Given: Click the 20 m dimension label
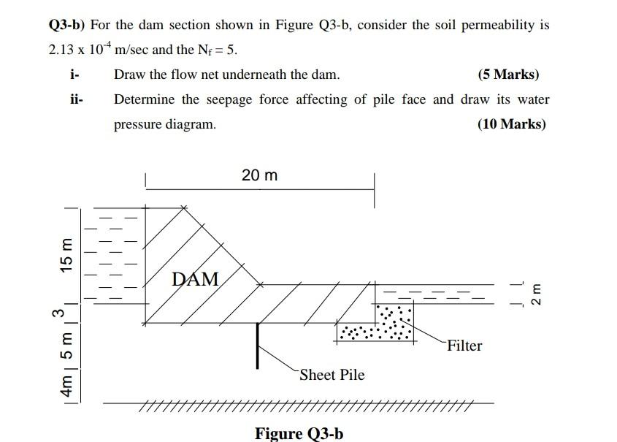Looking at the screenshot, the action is pyautogui.click(x=259, y=176).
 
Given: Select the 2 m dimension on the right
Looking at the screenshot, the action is pyautogui.click(x=537, y=294).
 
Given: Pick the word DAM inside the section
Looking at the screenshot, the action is pyautogui.click(x=196, y=279).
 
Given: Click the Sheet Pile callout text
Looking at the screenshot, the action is pyautogui.click(x=332, y=375).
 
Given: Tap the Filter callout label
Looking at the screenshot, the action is pyautogui.click(x=464, y=346).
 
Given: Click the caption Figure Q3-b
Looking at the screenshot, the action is pyautogui.click(x=299, y=433).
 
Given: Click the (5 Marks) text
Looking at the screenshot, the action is pyautogui.click(x=508, y=75).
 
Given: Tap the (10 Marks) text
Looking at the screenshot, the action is pyautogui.click(x=511, y=124).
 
